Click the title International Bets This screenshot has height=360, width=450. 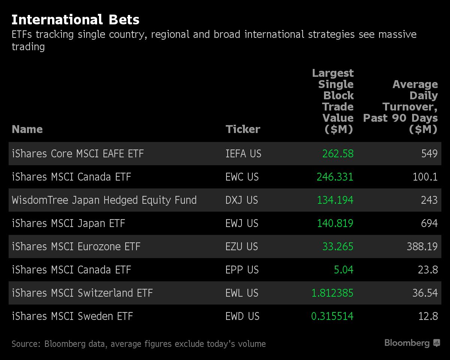pos(75,19)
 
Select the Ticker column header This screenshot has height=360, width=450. pos(243,129)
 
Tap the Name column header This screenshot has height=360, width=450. pos(27,129)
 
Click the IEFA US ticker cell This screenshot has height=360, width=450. pos(243,154)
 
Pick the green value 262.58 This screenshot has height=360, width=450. pos(338,154)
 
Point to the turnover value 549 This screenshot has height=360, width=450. pos(429,154)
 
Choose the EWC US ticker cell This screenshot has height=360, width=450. pos(242,177)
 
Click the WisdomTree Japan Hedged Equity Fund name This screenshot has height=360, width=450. pos(104,200)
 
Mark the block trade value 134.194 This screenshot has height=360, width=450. pos(335,200)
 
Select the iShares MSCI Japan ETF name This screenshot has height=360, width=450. pos(68,223)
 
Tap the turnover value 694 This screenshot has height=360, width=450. pos(429,223)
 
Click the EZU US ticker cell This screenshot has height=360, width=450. pos(242,246)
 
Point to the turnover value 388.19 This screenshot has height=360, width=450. pos(422,246)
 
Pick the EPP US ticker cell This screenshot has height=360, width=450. pos(242,270)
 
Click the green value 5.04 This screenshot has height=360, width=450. pos(343,270)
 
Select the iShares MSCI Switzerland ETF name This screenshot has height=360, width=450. pos(82,293)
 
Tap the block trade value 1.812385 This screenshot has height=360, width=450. pos(332,293)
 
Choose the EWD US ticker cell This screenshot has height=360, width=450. pos(242,316)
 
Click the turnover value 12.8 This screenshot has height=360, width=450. pos(428,316)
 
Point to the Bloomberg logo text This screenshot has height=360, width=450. pos(407,343)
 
